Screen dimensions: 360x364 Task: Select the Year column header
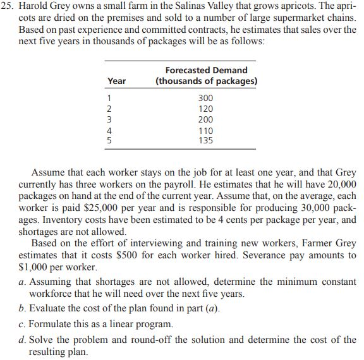tap(116, 81)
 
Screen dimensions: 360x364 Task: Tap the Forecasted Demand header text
tap(206, 70)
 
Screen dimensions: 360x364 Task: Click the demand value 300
tap(206, 99)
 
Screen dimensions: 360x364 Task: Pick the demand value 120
tap(206, 109)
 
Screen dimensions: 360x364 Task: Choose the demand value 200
tap(206, 119)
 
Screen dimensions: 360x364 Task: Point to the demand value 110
tap(206, 130)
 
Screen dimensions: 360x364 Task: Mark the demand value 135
tap(206, 140)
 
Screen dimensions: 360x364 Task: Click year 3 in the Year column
tap(111, 119)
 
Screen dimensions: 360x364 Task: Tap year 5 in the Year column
tap(111, 140)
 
